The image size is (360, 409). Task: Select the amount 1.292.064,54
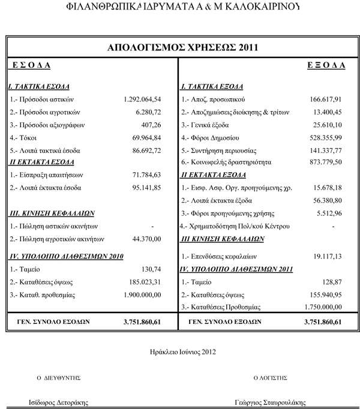point(142,99)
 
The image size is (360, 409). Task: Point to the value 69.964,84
point(147,138)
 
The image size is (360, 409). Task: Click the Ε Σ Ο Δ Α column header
point(31,65)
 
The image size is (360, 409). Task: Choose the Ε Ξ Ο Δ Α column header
point(322,65)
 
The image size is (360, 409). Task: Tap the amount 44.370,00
point(147,239)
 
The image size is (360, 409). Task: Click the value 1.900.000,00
point(142,294)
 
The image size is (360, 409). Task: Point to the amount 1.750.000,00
point(319,307)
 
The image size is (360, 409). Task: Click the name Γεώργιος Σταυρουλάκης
point(274,402)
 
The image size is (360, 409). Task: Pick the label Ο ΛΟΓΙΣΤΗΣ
point(271,378)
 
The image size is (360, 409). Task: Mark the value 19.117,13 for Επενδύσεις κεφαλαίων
point(326,255)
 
